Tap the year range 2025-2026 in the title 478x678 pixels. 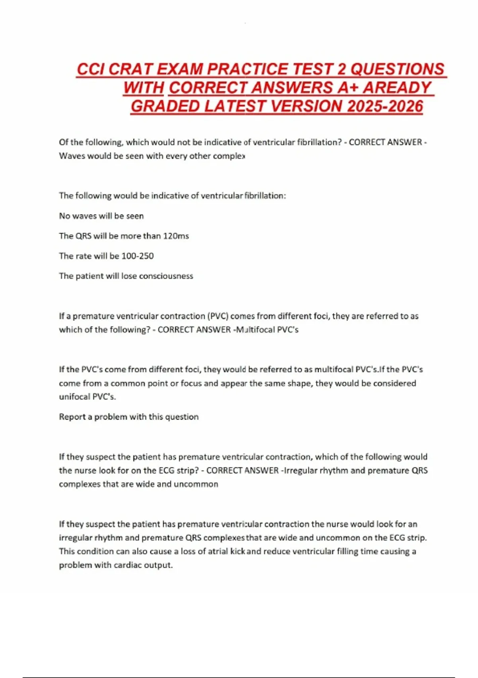(385, 106)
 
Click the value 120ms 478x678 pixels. (176, 236)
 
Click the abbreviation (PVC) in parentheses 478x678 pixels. (217, 316)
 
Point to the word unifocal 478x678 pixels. (74, 397)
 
